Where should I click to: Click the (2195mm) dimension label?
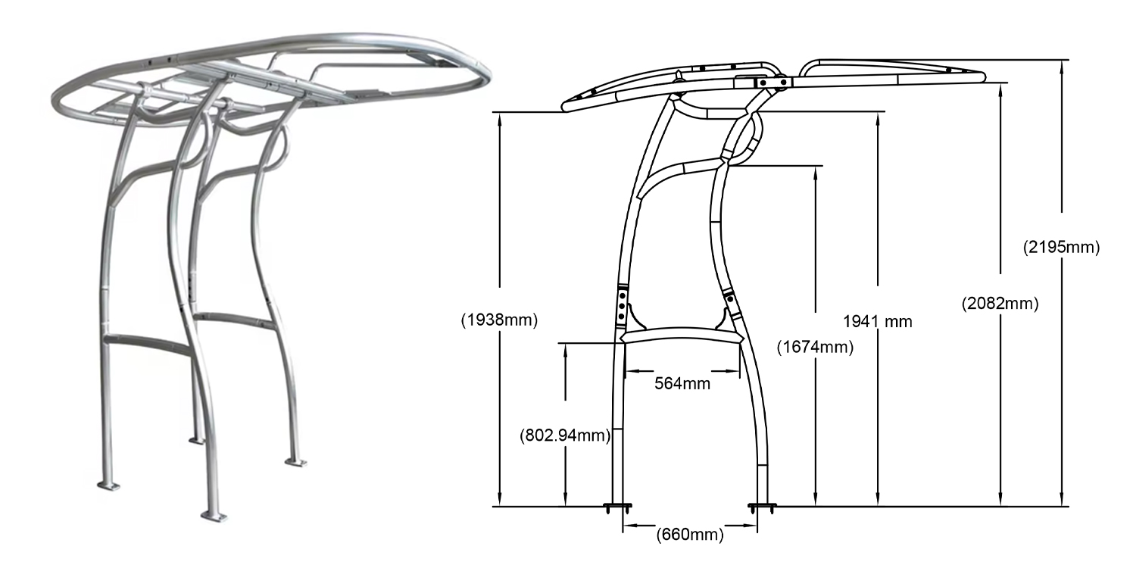tap(1060, 247)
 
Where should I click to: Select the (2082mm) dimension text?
tap(999, 304)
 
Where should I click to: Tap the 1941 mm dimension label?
tap(877, 321)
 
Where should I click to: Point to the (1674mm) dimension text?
tap(815, 348)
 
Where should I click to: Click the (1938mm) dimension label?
tap(499, 320)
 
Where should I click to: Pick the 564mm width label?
tap(682, 383)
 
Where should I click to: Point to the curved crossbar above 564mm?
tap(679, 336)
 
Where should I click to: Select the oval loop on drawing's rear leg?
tap(744, 138)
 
